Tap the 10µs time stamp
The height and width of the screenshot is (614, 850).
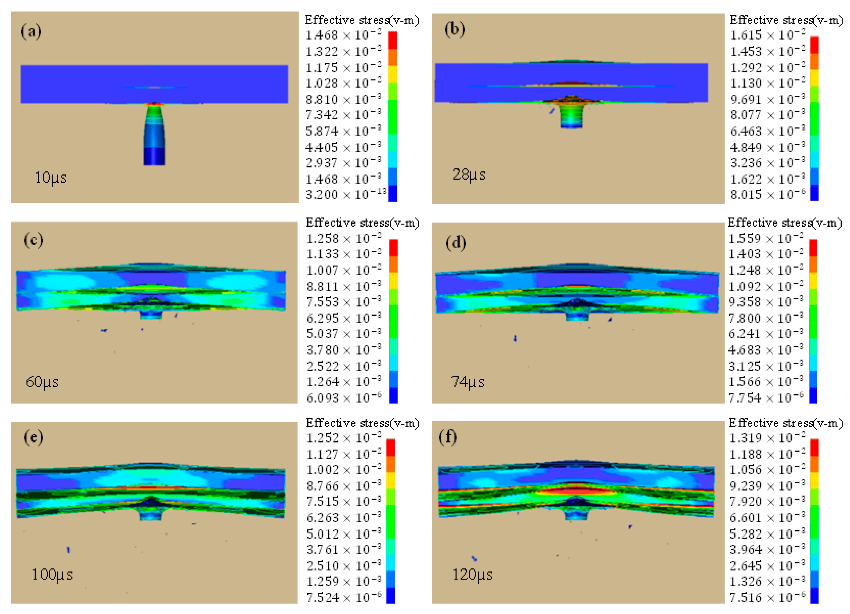(50, 177)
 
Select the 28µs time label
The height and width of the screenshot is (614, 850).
(469, 175)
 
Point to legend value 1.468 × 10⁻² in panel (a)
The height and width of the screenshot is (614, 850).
(343, 35)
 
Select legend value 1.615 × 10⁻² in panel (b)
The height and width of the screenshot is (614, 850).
(767, 35)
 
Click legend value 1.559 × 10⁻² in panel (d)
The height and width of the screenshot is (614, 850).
(766, 239)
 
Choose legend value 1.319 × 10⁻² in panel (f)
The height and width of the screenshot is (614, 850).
(767, 438)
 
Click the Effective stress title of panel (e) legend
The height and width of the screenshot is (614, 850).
(362, 423)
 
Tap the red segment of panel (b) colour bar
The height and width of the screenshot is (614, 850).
(814, 45)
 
